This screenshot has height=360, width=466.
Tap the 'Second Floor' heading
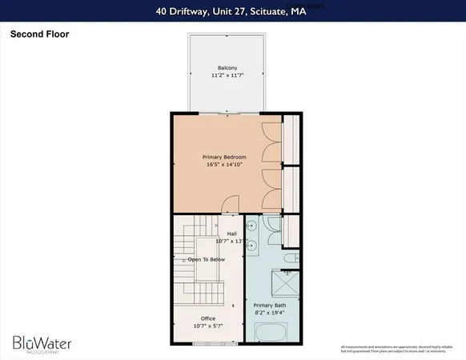click(x=38, y=35)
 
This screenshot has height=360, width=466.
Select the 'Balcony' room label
click(x=228, y=68)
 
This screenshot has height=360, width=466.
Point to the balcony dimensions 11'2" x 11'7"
click(x=228, y=76)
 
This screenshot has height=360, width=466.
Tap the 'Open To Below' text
click(x=205, y=260)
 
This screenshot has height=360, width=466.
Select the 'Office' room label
click(x=207, y=318)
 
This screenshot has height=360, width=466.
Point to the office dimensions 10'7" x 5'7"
click(x=207, y=326)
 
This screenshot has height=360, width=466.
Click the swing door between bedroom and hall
click(x=230, y=206)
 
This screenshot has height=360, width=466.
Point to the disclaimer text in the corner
click(x=392, y=348)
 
